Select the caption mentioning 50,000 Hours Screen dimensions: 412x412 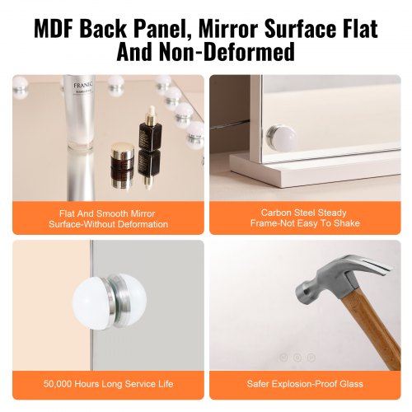click(x=108, y=384)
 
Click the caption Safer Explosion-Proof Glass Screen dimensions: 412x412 click(x=305, y=384)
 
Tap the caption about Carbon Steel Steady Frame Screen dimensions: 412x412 click(x=305, y=218)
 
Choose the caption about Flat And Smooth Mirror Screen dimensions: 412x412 click(x=108, y=218)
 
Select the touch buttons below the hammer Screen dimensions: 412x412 click(x=297, y=357)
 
